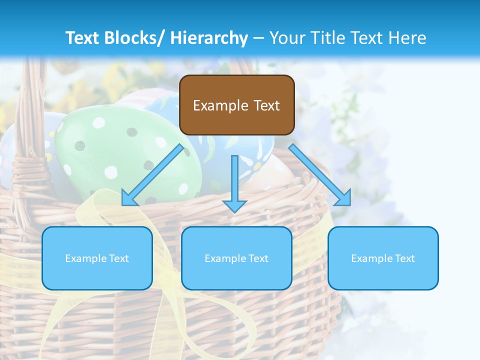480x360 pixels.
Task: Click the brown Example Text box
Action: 236,105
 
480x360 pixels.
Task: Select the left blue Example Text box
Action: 97,258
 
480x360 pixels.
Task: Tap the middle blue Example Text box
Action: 236,258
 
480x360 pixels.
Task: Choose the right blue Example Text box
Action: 383,258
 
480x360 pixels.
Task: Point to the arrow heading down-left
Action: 152,175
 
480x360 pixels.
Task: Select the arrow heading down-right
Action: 320,175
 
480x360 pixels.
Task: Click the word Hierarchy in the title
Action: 209,38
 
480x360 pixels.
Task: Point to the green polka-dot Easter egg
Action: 125,155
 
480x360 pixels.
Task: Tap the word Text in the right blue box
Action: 404,258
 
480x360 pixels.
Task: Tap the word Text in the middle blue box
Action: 258,258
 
